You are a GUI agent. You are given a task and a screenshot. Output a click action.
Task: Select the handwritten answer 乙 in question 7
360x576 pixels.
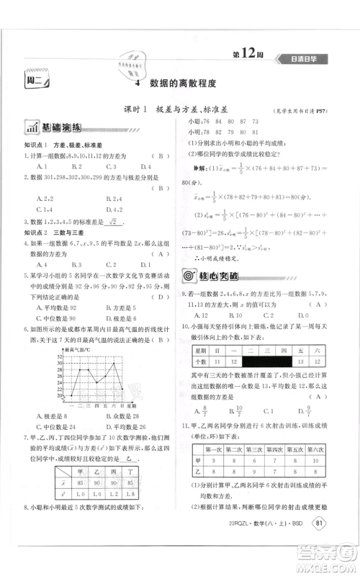130,457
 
